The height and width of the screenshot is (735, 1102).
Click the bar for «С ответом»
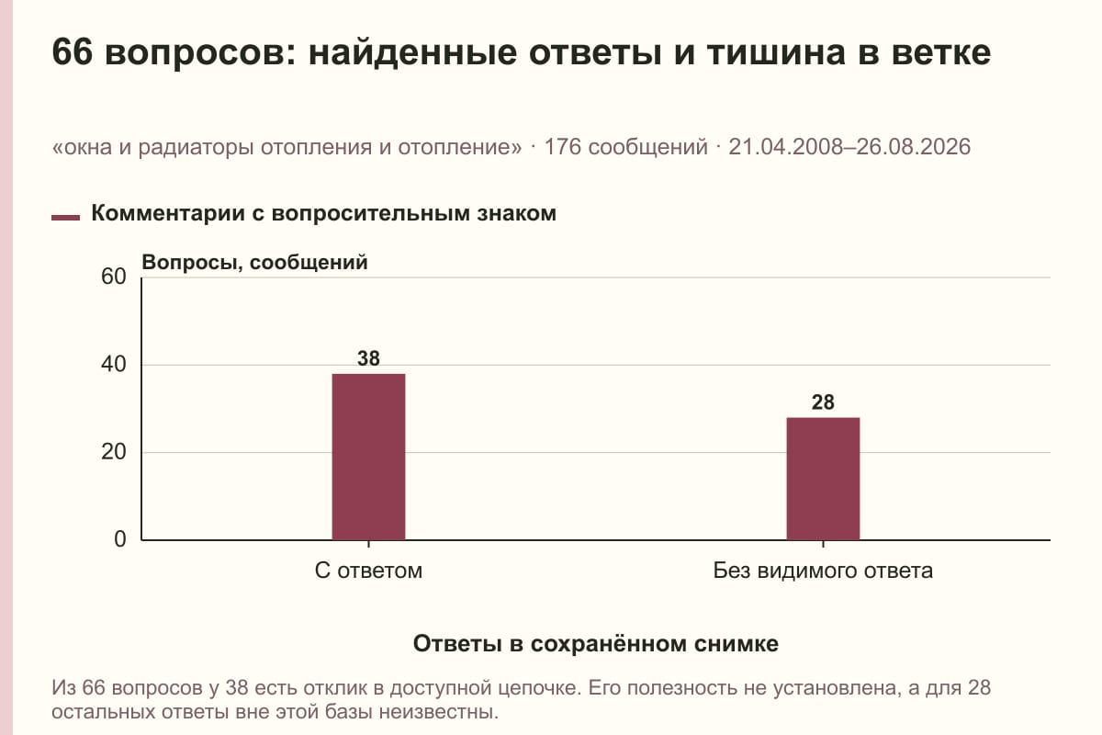(x=368, y=457)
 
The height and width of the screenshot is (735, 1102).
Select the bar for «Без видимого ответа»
(x=823, y=479)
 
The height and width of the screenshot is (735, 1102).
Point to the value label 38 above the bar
(x=368, y=358)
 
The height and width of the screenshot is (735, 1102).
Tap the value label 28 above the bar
(x=823, y=402)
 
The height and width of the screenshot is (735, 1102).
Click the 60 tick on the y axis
(x=114, y=277)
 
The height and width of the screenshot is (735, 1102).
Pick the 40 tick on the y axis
(x=114, y=365)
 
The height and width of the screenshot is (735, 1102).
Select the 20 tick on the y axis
(x=114, y=452)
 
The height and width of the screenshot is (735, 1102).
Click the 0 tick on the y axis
(x=120, y=539)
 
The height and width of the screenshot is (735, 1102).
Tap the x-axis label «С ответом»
(x=368, y=571)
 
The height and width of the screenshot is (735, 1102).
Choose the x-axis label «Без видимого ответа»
(x=823, y=571)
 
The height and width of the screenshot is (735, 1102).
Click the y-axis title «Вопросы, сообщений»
(x=254, y=263)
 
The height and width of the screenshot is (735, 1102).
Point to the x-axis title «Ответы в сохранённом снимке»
(x=596, y=644)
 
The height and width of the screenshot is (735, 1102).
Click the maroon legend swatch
(x=65, y=218)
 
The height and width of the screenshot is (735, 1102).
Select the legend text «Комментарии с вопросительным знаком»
(x=323, y=214)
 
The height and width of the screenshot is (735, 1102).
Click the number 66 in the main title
(x=72, y=52)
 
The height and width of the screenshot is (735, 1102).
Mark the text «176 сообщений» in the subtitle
(x=625, y=147)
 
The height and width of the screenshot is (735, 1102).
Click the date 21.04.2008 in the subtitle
(x=786, y=147)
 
